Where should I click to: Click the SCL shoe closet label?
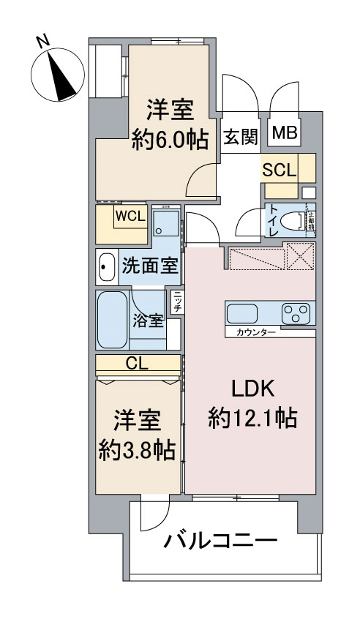[280, 171]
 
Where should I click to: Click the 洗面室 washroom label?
[150, 266]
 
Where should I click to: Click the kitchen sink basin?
[242, 315]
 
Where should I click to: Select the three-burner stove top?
[297, 315]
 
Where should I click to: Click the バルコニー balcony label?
[220, 542]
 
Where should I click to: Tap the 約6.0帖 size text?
[169, 137]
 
